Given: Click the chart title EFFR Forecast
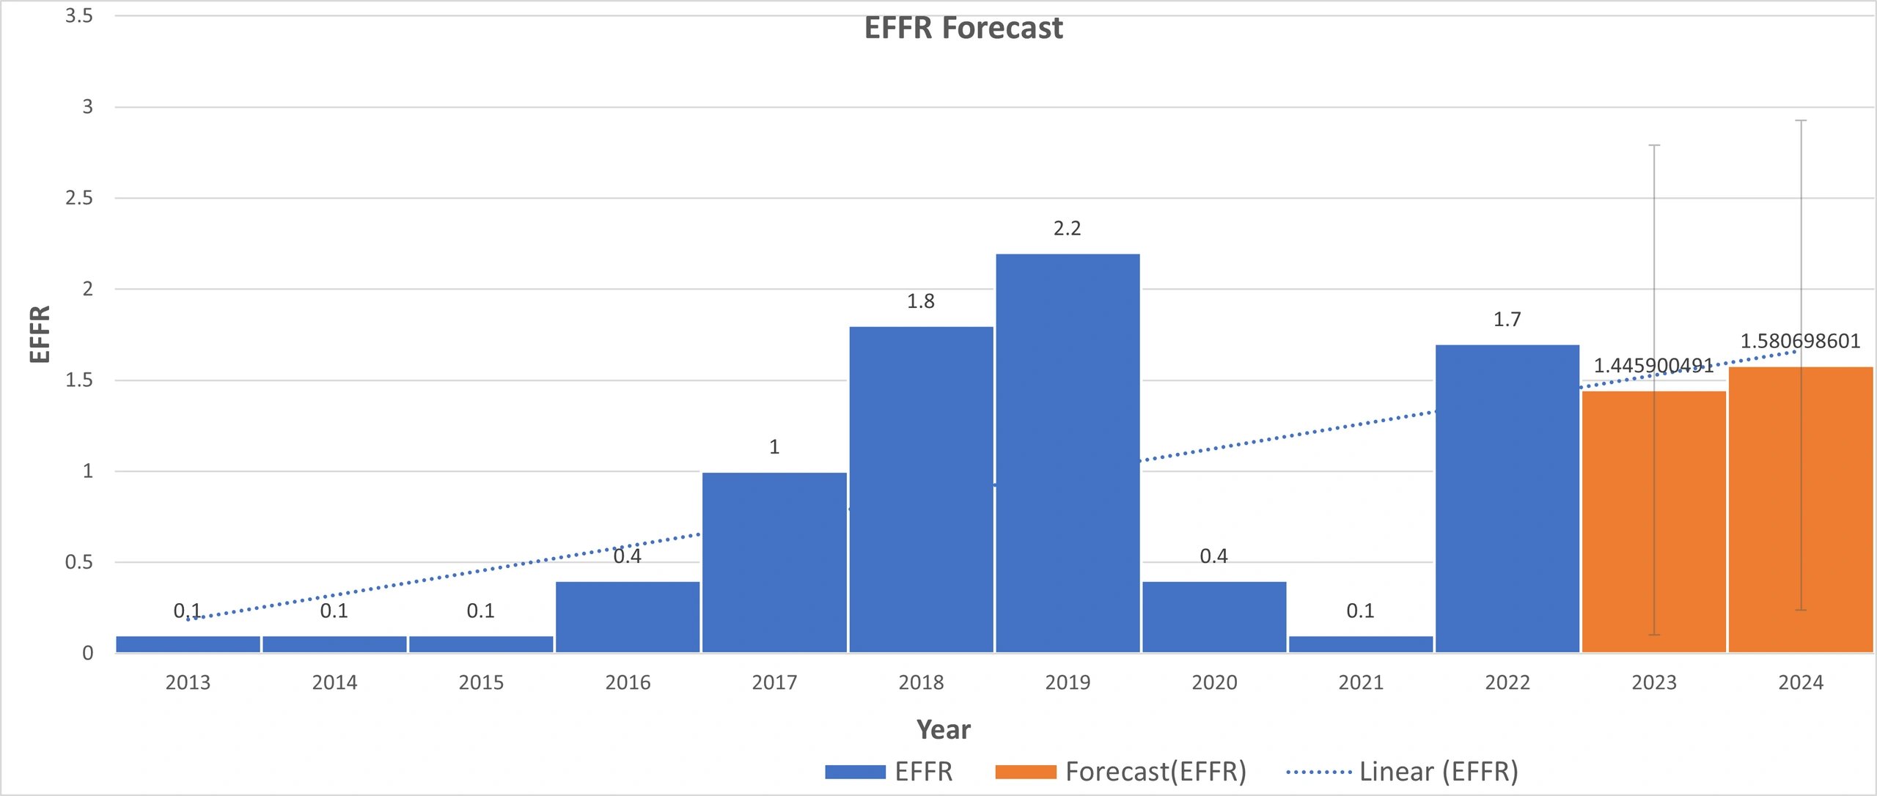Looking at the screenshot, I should (x=963, y=29).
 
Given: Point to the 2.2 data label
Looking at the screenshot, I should (x=1067, y=229).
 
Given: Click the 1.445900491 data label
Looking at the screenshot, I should (x=1653, y=366).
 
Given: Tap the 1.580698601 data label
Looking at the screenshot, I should (x=1800, y=342).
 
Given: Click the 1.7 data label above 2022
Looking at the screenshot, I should (x=1507, y=320).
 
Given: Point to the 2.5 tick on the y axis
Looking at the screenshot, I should (x=79, y=198).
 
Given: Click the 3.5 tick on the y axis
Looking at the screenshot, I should (x=79, y=16).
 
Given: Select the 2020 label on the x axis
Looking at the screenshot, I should (x=1214, y=683).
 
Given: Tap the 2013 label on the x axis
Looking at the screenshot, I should (x=188, y=683).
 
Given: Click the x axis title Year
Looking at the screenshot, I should (x=943, y=730).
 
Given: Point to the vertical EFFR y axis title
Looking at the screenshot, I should (x=40, y=334).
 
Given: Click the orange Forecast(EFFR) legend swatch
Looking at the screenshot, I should (x=1025, y=772).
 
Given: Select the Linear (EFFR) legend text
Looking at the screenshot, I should (x=1439, y=772).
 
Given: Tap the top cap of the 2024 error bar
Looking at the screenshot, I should (x=1801, y=120).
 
